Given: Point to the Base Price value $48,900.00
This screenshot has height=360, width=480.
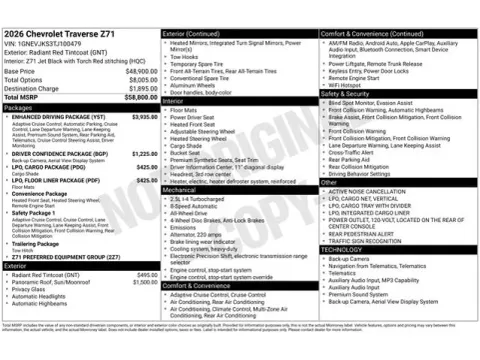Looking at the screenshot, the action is [141, 72].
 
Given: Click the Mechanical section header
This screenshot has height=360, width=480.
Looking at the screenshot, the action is [180, 188].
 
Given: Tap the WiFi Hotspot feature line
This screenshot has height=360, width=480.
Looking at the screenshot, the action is [348, 84].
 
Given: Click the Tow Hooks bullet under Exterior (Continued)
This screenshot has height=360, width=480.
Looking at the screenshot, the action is [184, 56].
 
